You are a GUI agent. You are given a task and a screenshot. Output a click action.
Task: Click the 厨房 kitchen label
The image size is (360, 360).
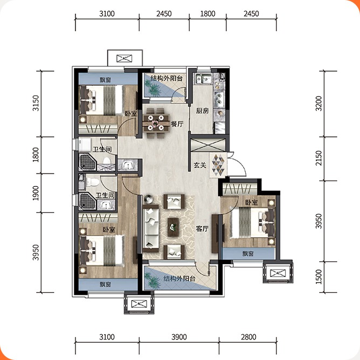click(x=202, y=111)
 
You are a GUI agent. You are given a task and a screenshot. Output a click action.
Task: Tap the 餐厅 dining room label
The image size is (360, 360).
click(x=177, y=124)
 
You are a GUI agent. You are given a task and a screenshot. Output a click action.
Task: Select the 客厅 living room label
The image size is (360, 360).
click(x=202, y=229)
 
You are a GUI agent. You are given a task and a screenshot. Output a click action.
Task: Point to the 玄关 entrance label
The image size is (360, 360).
click(x=200, y=165)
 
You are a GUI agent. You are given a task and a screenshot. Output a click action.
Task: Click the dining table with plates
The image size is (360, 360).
click(x=156, y=123)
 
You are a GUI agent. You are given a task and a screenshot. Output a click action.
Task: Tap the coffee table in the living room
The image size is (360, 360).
click(x=173, y=227)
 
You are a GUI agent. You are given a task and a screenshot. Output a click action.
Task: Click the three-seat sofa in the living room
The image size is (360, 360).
click(x=151, y=229)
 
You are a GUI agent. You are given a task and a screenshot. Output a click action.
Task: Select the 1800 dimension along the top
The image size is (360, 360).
click(x=207, y=14)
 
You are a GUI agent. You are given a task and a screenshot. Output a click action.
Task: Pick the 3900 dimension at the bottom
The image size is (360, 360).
click(x=179, y=337)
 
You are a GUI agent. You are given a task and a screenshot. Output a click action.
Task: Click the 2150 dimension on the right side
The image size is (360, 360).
click(x=319, y=158)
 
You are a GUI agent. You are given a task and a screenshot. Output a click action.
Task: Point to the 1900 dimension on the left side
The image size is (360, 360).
click(x=36, y=193)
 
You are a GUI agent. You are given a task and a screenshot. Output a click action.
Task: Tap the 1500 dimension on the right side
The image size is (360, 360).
click(x=319, y=276)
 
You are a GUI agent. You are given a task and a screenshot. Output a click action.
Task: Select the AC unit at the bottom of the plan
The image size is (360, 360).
click(x=139, y=304)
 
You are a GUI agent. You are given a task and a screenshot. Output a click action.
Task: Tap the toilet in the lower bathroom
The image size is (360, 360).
click(x=93, y=182)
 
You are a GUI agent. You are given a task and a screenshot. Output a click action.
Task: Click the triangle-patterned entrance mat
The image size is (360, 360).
click(x=218, y=165)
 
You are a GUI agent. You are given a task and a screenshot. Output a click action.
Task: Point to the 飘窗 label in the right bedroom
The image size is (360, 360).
click(x=248, y=254)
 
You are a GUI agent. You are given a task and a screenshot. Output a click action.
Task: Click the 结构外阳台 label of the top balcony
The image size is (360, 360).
click(x=167, y=78)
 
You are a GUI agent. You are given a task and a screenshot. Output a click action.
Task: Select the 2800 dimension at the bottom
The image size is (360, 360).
click(x=248, y=337)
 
